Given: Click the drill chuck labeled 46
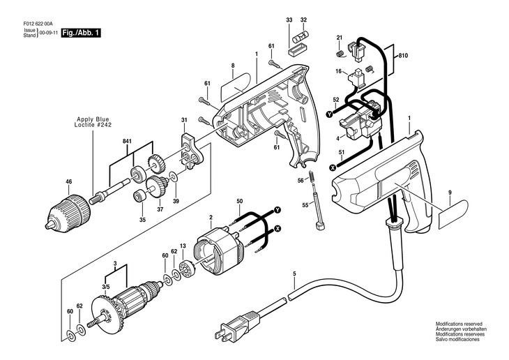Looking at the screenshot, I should tap(70, 207).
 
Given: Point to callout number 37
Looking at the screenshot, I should tap(159, 209).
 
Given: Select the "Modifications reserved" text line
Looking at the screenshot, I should tap(460, 324).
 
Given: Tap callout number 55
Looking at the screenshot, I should tap(304, 205).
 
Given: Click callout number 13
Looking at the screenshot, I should tap(183, 246).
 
